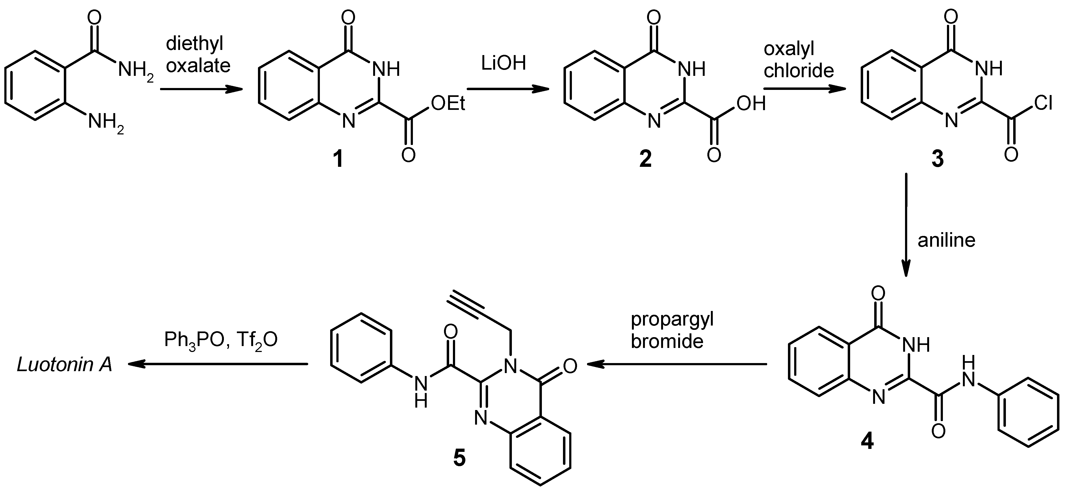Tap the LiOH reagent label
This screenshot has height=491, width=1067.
(x=503, y=63)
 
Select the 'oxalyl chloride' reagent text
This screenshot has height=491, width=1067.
(x=798, y=60)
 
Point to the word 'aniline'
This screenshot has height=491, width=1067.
(x=946, y=240)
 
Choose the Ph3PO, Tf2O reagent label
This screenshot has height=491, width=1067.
(x=220, y=340)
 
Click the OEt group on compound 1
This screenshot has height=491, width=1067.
(x=448, y=103)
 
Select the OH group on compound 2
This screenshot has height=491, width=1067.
(x=751, y=103)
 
